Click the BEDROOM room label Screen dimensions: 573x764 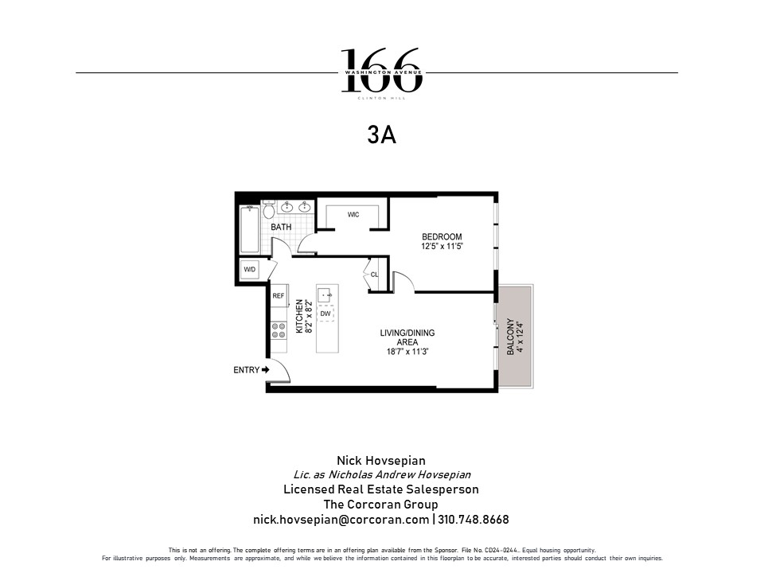442,237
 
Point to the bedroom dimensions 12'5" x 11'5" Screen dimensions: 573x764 442,248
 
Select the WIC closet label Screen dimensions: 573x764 353,215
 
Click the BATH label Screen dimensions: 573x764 281,228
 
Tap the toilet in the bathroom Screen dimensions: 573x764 268,211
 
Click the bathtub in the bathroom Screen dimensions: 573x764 249,229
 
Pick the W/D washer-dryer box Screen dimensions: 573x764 250,271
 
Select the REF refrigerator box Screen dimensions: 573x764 279,296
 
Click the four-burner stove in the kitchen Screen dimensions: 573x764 279,329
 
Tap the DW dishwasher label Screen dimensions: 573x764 325,314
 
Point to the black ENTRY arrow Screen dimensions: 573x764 266,369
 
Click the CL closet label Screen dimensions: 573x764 374,275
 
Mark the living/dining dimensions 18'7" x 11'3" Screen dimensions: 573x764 407,351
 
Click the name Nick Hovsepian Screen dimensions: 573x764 381,461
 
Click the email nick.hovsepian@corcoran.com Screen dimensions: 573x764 341,519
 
